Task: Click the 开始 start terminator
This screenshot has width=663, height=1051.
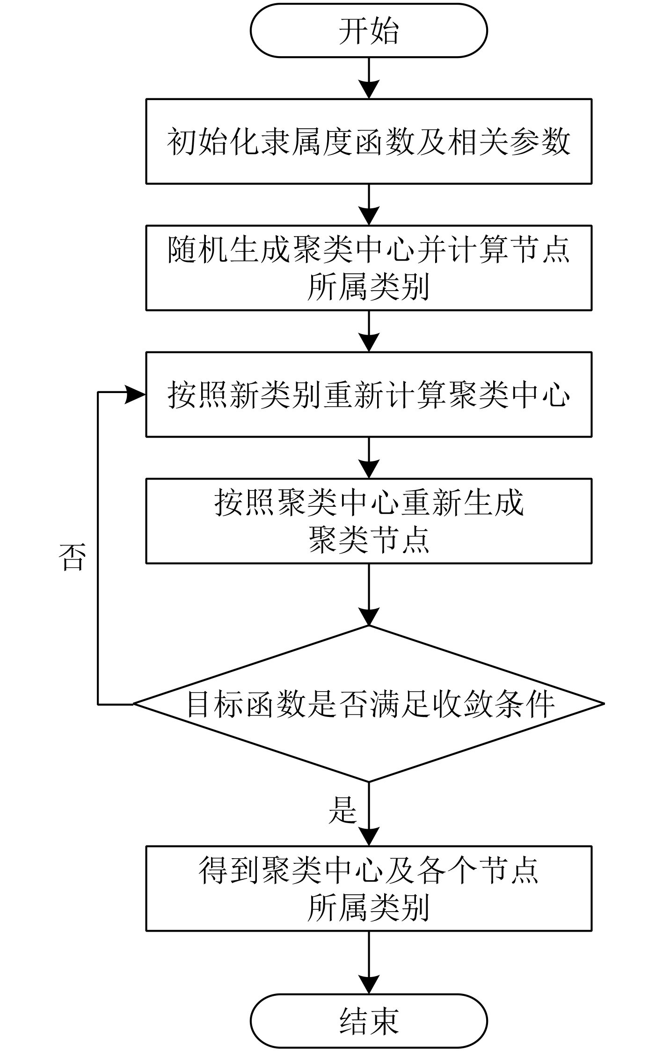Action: pyautogui.click(x=369, y=31)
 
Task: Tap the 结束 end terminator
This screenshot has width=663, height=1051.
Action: pyautogui.click(x=369, y=1021)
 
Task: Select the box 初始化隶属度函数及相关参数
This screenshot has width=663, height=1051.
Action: pyautogui.click(x=369, y=141)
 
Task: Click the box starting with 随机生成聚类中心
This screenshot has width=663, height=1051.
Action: pyautogui.click(x=369, y=268)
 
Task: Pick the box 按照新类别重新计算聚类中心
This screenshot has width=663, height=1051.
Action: pyautogui.click(x=369, y=394)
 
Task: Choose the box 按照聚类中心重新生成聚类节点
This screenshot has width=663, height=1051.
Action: pyautogui.click(x=369, y=520)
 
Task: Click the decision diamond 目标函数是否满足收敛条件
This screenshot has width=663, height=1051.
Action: pyautogui.click(x=369, y=703)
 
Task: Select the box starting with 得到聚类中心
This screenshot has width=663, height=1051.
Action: pyautogui.click(x=369, y=888)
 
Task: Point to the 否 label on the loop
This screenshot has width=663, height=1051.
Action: pyautogui.click(x=72, y=557)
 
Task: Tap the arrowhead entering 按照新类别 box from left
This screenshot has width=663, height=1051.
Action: pyautogui.click(x=136, y=394)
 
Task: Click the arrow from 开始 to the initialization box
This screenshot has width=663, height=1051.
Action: pyautogui.click(x=369, y=78)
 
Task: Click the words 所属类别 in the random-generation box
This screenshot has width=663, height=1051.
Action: pyautogui.click(x=369, y=286)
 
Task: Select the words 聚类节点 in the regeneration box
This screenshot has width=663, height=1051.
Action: pyautogui.click(x=369, y=540)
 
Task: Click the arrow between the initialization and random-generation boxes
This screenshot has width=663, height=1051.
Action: pyautogui.click(x=369, y=204)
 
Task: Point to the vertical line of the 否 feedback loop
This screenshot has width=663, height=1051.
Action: pyautogui.click(x=98, y=547)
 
